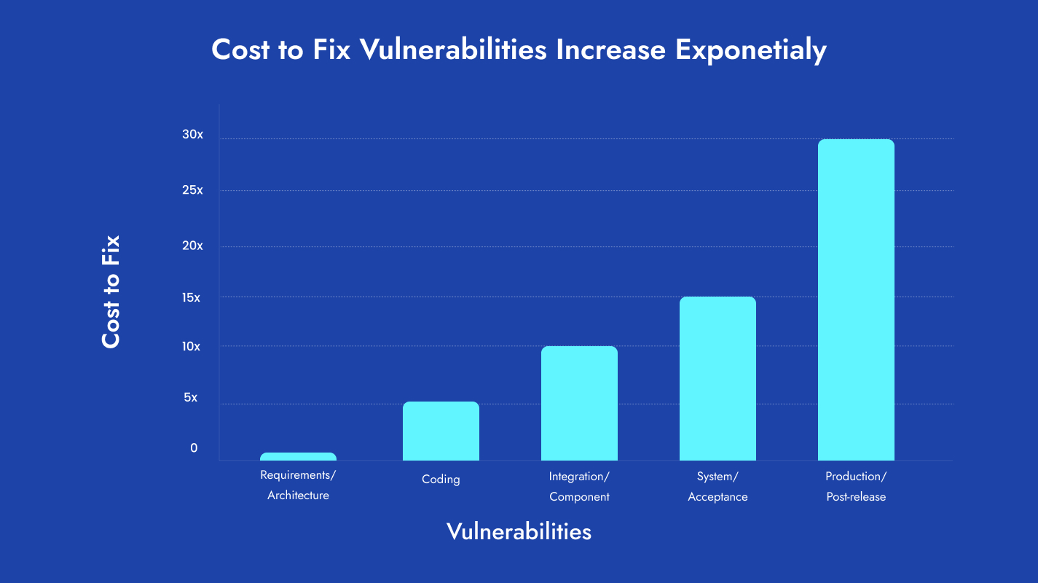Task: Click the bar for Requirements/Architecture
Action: [x=298, y=457]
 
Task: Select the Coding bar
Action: [x=441, y=431]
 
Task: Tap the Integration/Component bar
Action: [x=579, y=404]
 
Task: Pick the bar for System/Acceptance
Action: [x=717, y=379]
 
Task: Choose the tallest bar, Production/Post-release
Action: [x=856, y=300]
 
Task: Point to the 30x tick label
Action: [x=193, y=135]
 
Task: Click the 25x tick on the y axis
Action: [x=193, y=190]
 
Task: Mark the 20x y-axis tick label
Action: [x=193, y=246]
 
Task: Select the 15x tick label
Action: [x=192, y=297]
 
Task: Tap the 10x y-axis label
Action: [x=192, y=347]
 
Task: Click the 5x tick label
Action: [x=190, y=398]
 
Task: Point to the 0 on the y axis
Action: [x=194, y=448]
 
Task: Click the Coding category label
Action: [x=441, y=480]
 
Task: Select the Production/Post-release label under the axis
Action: [x=856, y=487]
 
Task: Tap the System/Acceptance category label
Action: [x=717, y=487]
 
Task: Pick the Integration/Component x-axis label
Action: [x=579, y=487]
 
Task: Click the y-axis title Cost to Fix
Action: [x=111, y=291]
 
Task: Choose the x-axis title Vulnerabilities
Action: [x=519, y=531]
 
